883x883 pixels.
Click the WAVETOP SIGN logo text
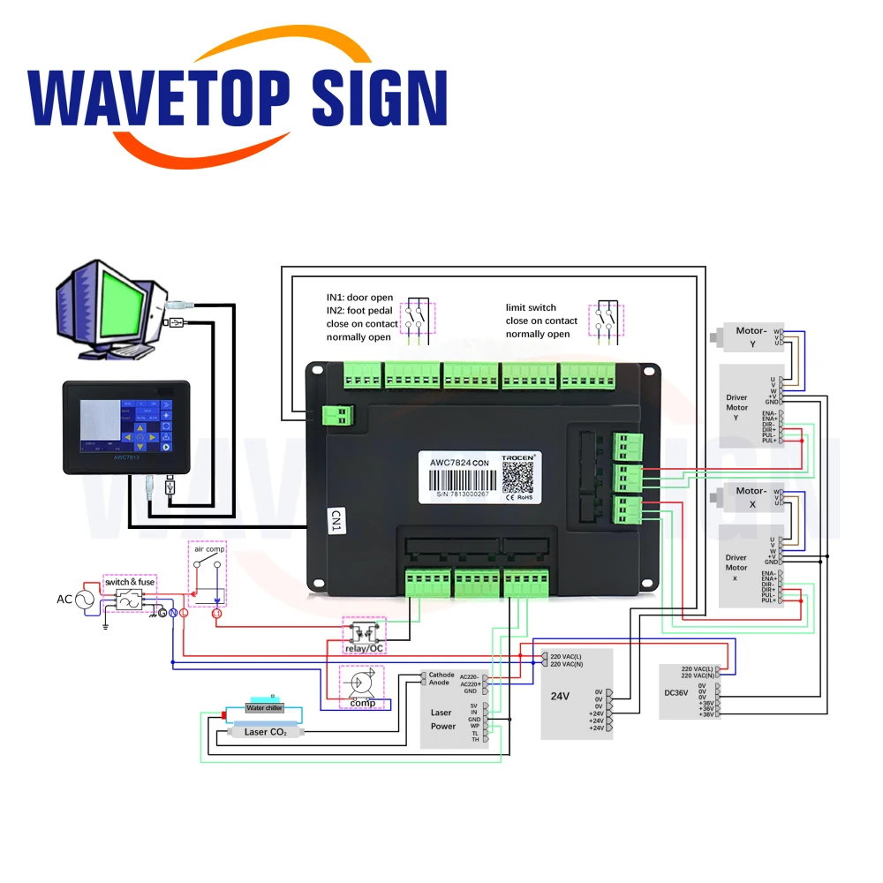(237, 99)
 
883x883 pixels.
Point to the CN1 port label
(336, 519)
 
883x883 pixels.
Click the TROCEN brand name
(518, 458)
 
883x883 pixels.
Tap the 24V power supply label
(560, 696)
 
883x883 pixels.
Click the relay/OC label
(363, 649)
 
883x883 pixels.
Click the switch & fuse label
(130, 582)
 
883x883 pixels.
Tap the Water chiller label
(263, 708)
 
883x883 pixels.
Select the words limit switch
(531, 307)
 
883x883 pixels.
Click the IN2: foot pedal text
(359, 311)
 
